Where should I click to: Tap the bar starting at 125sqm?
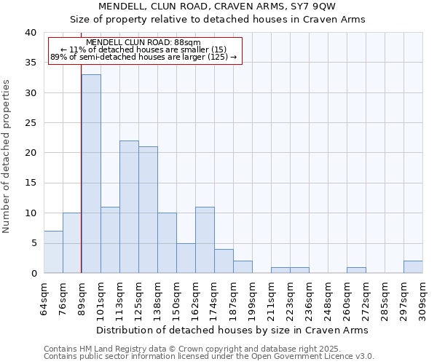(x=148, y=210)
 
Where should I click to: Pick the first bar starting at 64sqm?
(x=53, y=252)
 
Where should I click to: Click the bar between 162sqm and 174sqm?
(x=205, y=240)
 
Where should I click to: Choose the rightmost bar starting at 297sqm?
(x=413, y=266)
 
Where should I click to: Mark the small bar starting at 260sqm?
(x=356, y=270)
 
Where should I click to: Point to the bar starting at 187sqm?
(x=243, y=266)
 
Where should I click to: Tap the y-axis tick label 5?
(x=33, y=243)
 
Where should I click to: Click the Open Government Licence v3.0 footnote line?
(x=208, y=356)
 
